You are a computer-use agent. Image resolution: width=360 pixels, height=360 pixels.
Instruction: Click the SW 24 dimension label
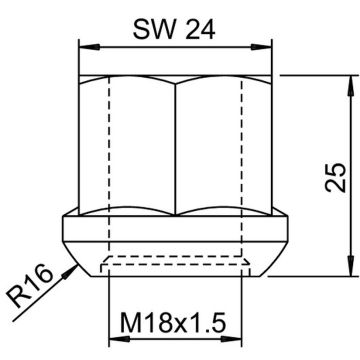tap(174, 29)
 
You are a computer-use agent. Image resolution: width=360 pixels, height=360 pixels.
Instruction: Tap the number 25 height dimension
tap(335, 177)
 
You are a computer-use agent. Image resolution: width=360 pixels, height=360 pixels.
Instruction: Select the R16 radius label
tap(30, 287)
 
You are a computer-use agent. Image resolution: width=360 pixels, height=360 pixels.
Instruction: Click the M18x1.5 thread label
tap(173, 322)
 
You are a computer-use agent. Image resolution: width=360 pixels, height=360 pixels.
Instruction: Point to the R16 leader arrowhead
tap(71, 270)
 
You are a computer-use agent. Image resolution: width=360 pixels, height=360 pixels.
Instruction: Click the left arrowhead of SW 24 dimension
tap(89, 47)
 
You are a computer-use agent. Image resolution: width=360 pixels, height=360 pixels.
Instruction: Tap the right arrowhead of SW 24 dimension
tap(262, 47)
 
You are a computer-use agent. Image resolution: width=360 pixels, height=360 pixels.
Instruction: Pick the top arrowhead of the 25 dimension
tap(350, 86)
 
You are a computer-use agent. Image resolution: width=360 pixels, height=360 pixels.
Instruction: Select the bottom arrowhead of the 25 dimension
tap(350, 266)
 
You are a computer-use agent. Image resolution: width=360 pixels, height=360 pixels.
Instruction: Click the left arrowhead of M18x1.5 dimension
tap(119, 339)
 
